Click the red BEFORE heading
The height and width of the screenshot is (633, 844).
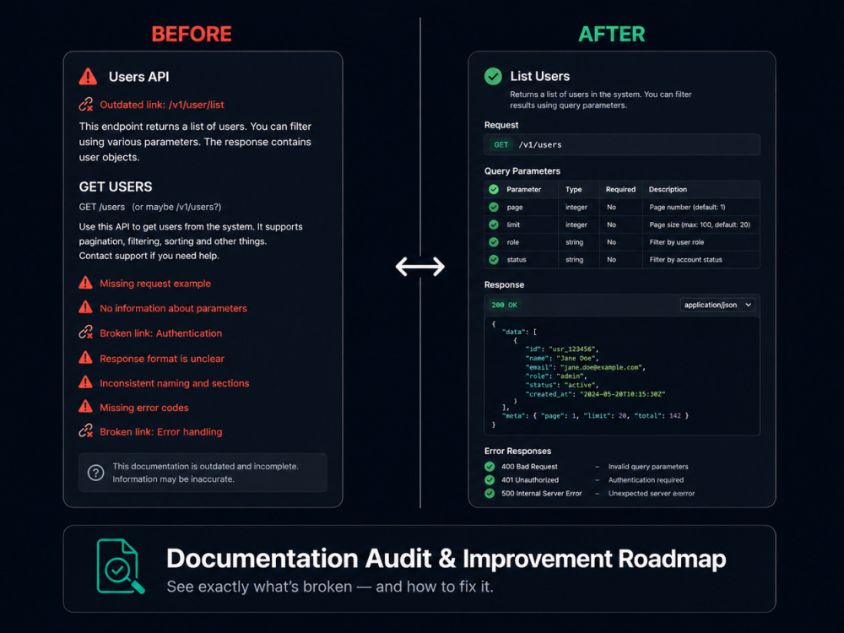(x=192, y=34)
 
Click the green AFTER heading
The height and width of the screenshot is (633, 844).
(x=611, y=34)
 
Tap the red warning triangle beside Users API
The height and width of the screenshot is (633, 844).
(x=88, y=77)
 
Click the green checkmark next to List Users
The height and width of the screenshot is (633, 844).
(x=493, y=76)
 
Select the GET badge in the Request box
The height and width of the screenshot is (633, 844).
(x=501, y=145)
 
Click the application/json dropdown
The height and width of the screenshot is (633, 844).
(x=717, y=305)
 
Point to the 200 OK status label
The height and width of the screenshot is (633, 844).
(x=505, y=305)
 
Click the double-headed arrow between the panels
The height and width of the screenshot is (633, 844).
(x=419, y=267)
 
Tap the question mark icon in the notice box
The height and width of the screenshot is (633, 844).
(x=96, y=473)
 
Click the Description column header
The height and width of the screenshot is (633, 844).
(x=668, y=189)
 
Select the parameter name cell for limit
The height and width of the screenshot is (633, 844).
(x=513, y=225)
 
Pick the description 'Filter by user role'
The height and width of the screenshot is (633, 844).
(x=677, y=242)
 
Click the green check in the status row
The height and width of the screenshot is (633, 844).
(x=494, y=259)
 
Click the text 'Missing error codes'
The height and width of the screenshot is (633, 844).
(x=144, y=408)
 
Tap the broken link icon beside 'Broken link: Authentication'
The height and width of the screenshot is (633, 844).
(x=85, y=333)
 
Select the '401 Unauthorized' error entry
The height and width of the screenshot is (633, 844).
(x=530, y=479)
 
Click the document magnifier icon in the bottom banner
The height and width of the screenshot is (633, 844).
(x=121, y=566)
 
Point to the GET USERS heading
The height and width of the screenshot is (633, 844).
(x=116, y=187)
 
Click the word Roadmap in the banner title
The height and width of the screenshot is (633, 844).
(x=672, y=559)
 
